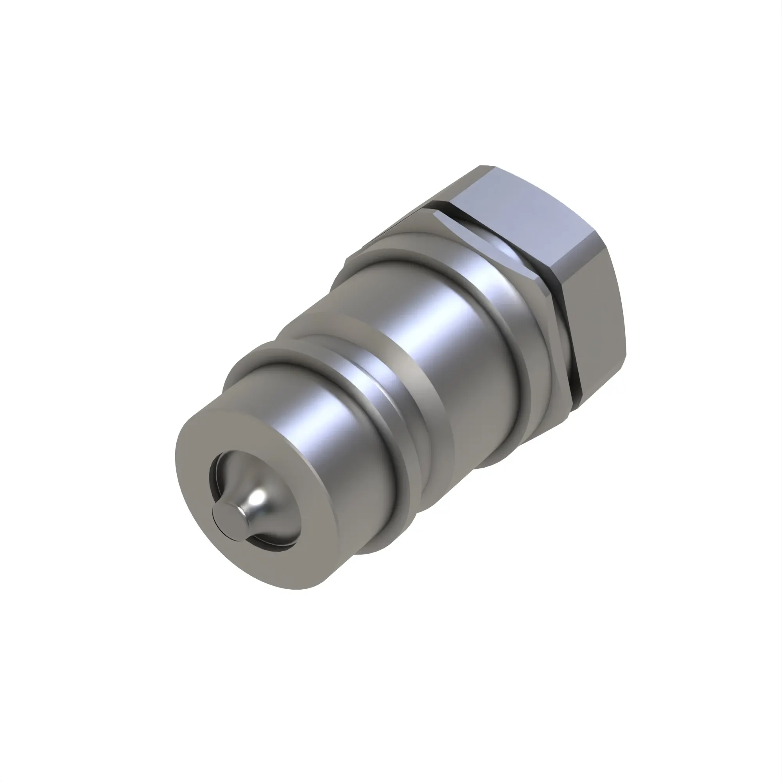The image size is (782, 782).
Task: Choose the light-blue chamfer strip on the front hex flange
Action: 486,239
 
